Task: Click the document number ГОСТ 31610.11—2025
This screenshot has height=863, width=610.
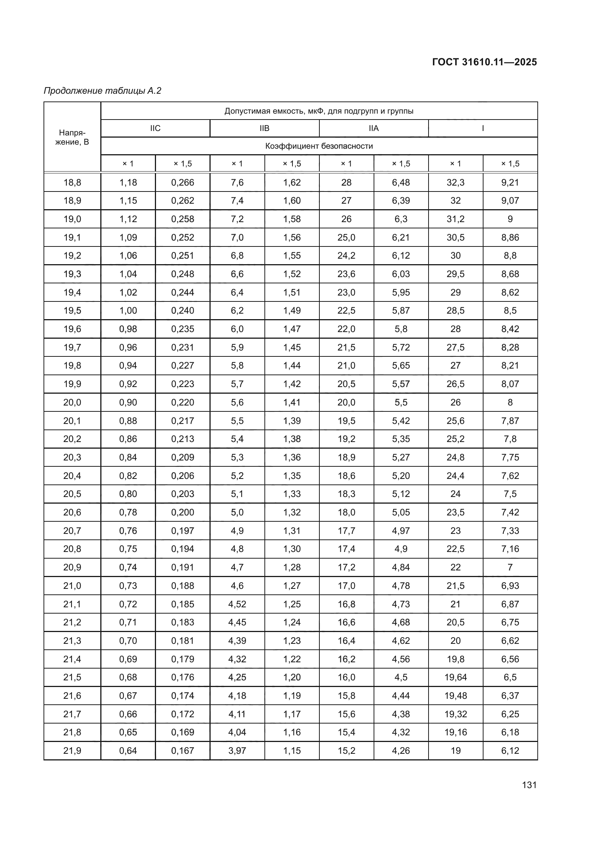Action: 484,62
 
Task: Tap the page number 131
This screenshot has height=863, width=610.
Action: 529,785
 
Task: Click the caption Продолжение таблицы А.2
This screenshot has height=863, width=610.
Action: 103,91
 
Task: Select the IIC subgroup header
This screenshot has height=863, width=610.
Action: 155,128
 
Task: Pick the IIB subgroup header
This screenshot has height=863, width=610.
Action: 264,128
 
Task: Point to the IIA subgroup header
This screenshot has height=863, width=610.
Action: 374,128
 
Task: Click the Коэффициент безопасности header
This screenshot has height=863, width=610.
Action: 319,146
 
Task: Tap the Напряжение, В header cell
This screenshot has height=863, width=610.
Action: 72,137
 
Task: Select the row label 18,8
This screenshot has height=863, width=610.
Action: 72,182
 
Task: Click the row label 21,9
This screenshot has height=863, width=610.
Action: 72,750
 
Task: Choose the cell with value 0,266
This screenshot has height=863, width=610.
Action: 183,182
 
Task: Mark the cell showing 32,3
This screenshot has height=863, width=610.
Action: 455,182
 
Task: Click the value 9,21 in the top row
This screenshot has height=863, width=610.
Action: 510,182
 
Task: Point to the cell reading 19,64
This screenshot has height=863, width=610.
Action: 455,677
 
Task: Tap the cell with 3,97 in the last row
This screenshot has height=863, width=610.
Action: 237,750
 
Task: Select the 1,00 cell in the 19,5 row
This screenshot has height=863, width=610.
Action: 128,310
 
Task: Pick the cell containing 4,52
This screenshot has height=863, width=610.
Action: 237,604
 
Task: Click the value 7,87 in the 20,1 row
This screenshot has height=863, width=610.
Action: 510,421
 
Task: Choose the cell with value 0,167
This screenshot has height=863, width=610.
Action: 183,750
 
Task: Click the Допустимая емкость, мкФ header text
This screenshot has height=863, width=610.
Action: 319,111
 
